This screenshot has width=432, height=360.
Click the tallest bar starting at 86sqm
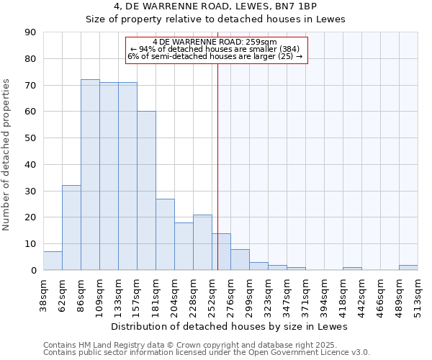pos(90,175)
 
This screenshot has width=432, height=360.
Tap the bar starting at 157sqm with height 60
pos(146,191)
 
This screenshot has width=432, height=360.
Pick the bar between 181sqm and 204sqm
pos(165,234)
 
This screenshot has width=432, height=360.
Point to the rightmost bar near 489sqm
pos(408,267)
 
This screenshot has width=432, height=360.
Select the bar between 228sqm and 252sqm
pos(202,242)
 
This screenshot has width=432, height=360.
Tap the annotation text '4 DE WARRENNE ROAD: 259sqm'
pos(215,42)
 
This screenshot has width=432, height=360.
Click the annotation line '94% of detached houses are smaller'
pos(215,49)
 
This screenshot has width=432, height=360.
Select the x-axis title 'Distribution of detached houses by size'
pos(230,326)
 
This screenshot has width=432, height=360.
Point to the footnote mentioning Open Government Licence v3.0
pos(207,352)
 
